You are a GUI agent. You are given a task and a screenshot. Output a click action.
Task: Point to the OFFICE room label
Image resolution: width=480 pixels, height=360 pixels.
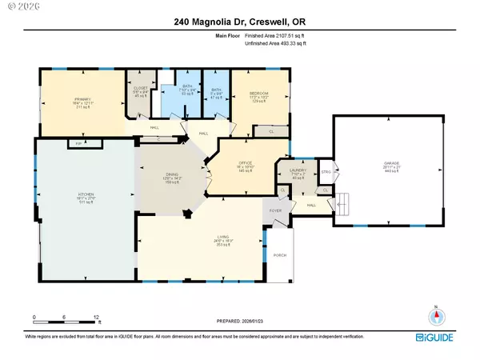[246, 163]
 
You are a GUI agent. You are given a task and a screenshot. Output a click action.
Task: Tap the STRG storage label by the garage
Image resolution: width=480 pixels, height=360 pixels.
[326, 171]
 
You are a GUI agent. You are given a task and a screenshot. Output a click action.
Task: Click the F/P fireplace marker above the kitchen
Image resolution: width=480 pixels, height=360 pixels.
[78, 143]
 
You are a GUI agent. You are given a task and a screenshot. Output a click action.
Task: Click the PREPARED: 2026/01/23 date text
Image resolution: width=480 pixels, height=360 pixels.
[239, 322]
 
